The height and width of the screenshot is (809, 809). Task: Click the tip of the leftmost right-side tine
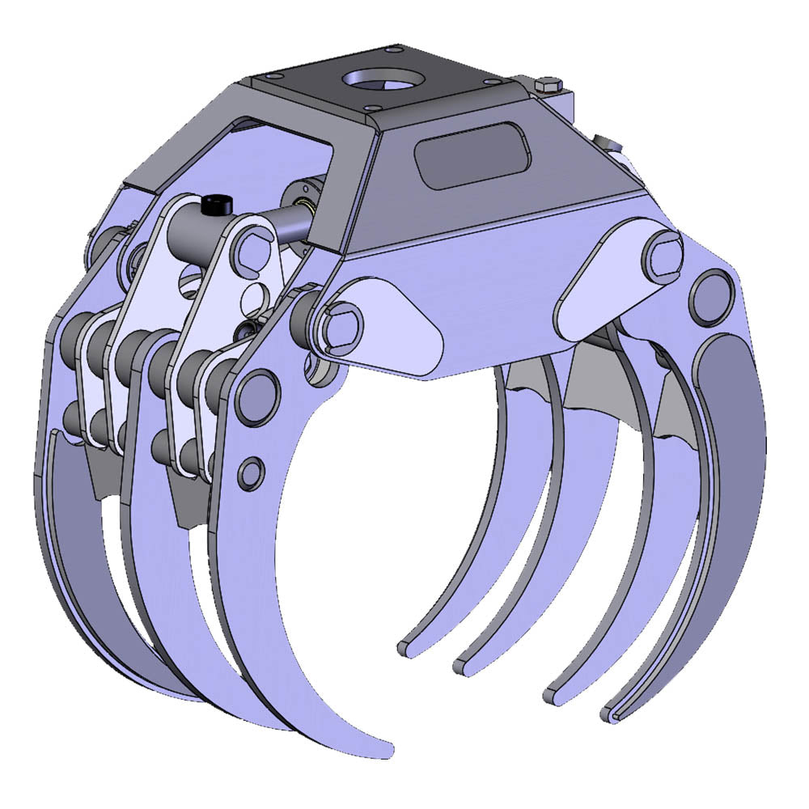[404, 647]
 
